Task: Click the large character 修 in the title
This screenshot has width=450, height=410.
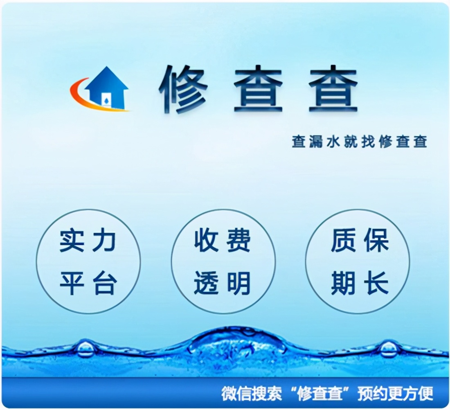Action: (x=183, y=89)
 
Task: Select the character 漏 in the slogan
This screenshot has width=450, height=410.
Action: (x=316, y=142)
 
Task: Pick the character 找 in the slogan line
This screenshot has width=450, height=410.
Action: (x=368, y=142)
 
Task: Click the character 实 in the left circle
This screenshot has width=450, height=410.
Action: (x=72, y=241)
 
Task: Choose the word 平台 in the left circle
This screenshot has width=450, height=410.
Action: (x=88, y=283)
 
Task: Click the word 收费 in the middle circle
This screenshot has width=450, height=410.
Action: (x=222, y=241)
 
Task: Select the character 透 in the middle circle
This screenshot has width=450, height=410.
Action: (x=206, y=283)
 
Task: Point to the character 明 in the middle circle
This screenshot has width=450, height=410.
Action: (x=239, y=283)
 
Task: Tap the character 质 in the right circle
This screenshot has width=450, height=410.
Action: (x=343, y=241)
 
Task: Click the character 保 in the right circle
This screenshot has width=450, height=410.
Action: (x=376, y=241)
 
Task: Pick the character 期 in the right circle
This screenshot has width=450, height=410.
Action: (x=343, y=283)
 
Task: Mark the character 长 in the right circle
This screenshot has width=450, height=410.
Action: (x=376, y=283)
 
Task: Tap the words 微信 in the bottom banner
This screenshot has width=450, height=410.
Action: (x=236, y=394)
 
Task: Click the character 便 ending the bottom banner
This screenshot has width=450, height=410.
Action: (x=425, y=394)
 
